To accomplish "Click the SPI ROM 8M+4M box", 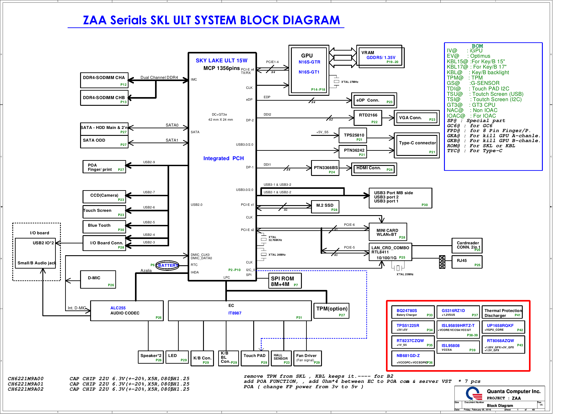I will (284, 281).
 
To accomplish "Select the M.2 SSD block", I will (325, 207).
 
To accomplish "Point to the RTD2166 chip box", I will (368, 118).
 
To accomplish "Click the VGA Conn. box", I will (417, 118).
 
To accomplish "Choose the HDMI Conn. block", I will (374, 169).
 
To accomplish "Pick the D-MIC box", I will (98, 279).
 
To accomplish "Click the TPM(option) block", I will (331, 311).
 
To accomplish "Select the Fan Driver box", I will (307, 358).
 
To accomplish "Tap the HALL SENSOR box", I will (281, 358).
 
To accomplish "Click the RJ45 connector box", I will (467, 262).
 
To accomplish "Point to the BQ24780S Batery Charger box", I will (413, 312).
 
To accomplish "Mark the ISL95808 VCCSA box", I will (458, 347).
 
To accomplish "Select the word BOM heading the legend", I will (477, 46).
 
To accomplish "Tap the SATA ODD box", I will (104, 142).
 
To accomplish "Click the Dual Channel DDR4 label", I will (159, 77).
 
